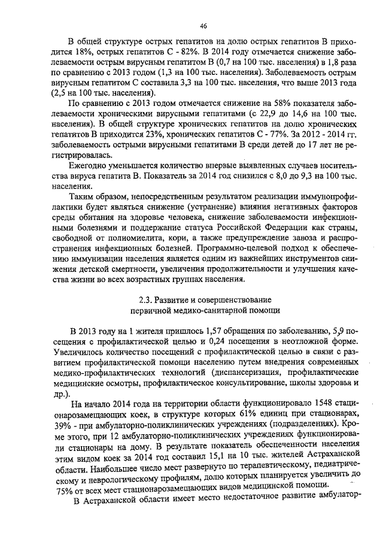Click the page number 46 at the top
click(203, 26)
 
